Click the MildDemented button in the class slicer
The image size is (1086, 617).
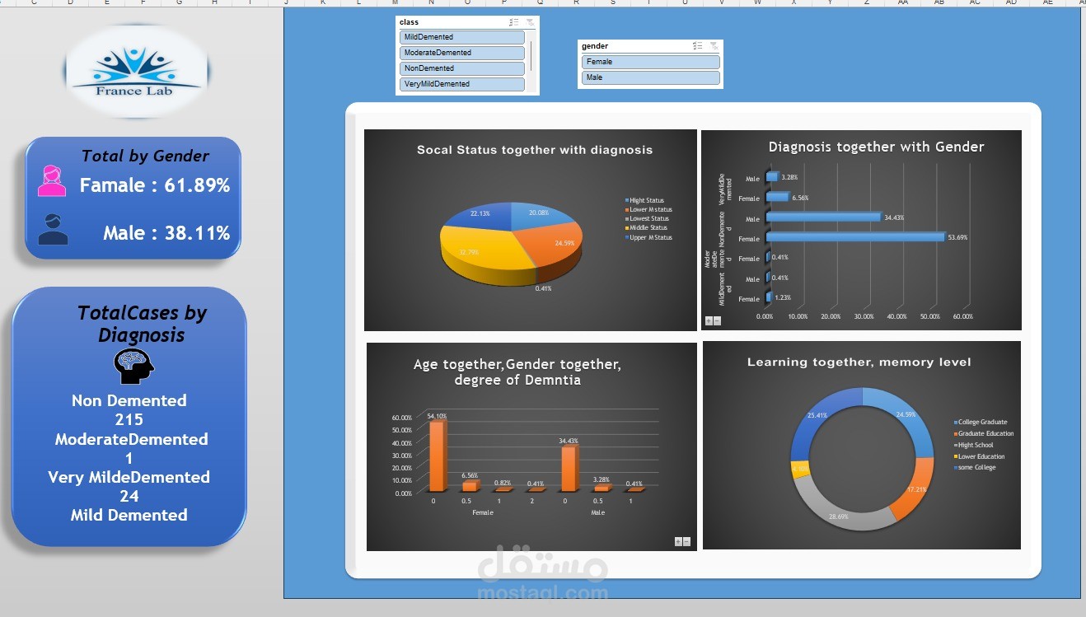click(461, 37)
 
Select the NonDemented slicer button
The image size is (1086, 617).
click(461, 68)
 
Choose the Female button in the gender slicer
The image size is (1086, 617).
click(650, 62)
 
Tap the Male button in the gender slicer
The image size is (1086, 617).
click(650, 77)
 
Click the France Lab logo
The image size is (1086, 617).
click(136, 71)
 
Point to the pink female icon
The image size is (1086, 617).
click(52, 181)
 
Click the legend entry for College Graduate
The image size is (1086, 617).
click(982, 423)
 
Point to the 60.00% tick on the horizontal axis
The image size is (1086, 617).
click(962, 316)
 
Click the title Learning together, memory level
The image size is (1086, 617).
click(859, 362)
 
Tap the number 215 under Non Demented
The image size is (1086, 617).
click(129, 419)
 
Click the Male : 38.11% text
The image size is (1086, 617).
click(166, 233)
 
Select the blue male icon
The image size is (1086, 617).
click(54, 230)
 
